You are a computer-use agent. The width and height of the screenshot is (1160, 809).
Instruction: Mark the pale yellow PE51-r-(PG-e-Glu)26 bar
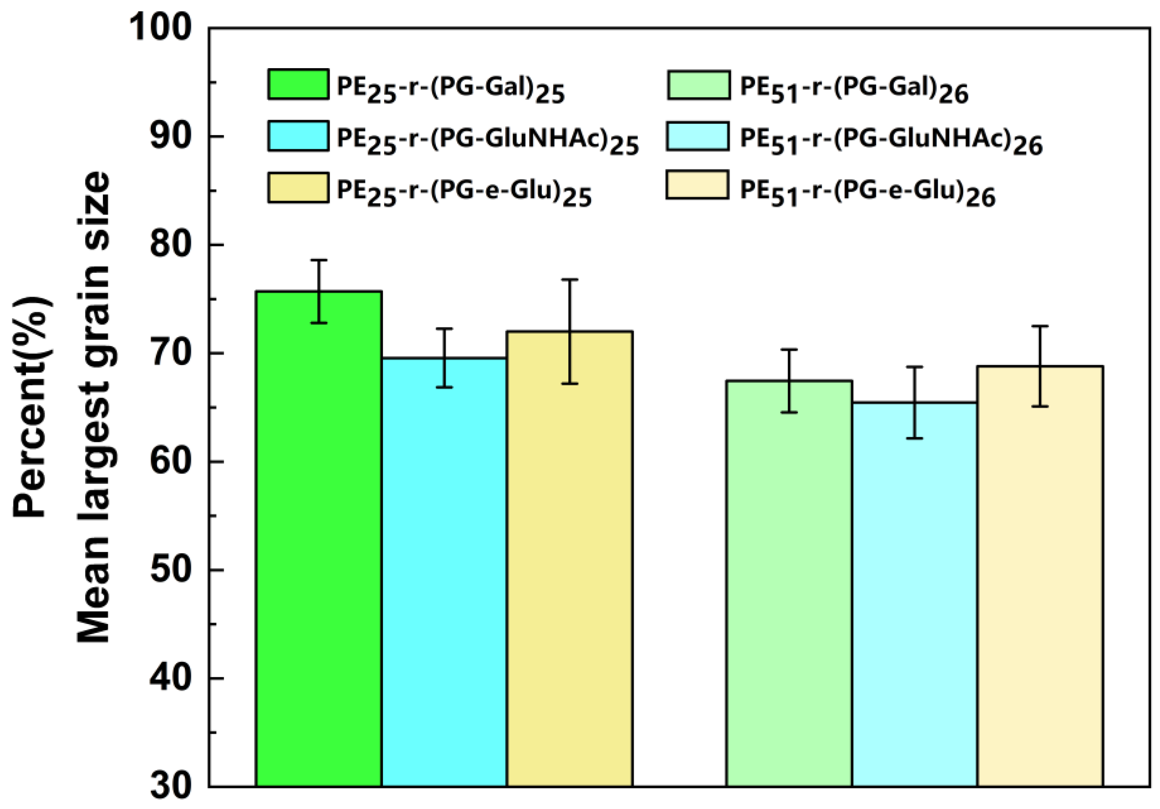tap(1040, 576)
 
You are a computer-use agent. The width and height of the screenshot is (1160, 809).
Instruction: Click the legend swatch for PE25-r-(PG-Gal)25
tap(298, 85)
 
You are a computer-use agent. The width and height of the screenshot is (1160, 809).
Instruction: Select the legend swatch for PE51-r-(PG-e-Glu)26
tap(697, 185)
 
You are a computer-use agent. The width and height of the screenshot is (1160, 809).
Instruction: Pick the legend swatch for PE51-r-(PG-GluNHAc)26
tap(697, 136)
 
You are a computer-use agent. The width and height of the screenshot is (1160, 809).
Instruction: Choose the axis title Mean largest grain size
tap(93, 407)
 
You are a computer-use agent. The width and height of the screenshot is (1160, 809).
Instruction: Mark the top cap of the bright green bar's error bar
tap(319, 260)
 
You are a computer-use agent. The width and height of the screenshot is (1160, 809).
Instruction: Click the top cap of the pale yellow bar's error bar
tap(1040, 326)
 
